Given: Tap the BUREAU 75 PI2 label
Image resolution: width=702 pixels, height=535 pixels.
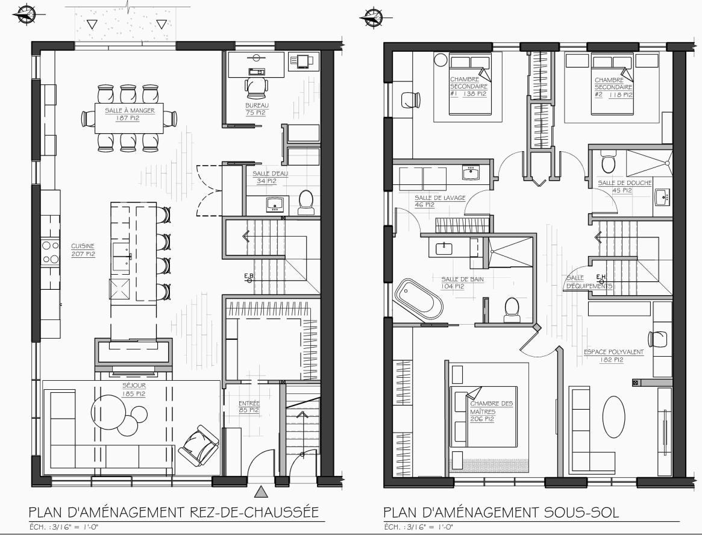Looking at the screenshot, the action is tap(256, 109).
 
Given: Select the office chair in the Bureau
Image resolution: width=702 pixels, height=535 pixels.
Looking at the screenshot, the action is tap(257, 87).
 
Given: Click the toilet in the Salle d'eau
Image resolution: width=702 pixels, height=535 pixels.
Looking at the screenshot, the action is tap(306, 202).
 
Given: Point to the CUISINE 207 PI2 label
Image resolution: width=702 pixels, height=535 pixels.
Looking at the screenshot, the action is tap(83, 250).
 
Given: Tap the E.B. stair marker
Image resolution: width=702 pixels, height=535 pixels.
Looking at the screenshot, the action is tap(249, 278).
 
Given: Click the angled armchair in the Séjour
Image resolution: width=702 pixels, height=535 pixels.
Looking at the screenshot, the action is tap(199, 446).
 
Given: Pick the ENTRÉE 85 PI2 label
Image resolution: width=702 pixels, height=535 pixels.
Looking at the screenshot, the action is tap(249, 407).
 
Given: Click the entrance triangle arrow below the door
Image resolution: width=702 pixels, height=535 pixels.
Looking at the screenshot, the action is tap(261, 492).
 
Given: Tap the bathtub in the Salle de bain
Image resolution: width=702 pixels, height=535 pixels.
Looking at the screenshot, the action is tap(419, 299).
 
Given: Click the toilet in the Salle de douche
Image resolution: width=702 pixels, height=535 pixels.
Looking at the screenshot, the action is tap(609, 162).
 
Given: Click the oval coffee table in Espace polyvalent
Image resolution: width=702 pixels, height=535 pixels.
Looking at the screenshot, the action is tap(613, 416).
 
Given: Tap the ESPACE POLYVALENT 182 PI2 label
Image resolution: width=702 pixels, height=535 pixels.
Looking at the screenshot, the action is tap(613, 355).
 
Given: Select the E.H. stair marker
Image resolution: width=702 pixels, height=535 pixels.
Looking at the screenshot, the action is tap(601, 278).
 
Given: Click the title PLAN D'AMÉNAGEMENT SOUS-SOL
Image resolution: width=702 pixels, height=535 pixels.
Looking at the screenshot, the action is tap(501, 512).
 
